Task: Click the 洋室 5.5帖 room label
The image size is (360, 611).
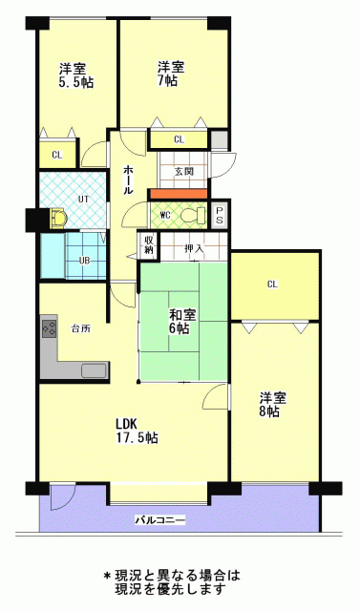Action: click(76, 76)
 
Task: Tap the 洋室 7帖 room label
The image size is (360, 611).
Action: click(171, 74)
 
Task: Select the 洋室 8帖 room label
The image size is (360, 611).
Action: click(273, 405)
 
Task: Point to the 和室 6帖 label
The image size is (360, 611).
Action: click(182, 322)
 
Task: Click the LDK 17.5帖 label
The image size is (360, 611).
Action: click(137, 431)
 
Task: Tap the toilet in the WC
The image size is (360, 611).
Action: click(195, 215)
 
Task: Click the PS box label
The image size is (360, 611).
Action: click(220, 214)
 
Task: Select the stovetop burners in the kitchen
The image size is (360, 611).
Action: click(49, 328)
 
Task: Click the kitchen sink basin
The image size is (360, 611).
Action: click(94, 370)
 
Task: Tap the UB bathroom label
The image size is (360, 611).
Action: click(85, 261)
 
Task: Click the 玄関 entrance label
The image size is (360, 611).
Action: click(183, 172)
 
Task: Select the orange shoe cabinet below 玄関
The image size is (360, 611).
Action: click(178, 194)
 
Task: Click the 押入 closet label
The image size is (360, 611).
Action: click(194, 248)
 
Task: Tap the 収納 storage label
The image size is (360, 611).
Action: click(148, 244)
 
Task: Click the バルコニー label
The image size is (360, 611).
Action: click(160, 519)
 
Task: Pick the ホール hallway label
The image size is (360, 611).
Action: click(128, 179)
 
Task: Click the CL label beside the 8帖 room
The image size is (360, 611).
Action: click(272, 284)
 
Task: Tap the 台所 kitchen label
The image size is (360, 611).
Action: click(80, 328)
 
